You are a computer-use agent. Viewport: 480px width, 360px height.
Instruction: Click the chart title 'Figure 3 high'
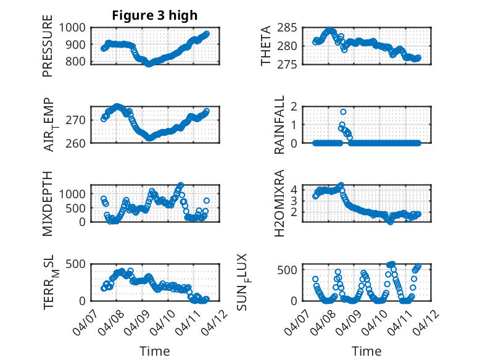154,15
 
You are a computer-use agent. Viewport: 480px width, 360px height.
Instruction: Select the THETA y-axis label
266,46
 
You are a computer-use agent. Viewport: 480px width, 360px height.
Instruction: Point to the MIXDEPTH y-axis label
48,204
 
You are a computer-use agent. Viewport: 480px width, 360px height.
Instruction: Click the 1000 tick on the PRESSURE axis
74,27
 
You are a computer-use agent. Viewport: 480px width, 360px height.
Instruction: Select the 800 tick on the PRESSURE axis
78,62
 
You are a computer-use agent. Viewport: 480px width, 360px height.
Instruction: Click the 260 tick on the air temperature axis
78,143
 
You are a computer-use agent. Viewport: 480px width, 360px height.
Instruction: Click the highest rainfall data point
343,112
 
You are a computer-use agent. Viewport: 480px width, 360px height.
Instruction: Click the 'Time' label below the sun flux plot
366,351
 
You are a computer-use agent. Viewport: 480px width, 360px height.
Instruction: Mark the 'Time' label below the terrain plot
154,351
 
